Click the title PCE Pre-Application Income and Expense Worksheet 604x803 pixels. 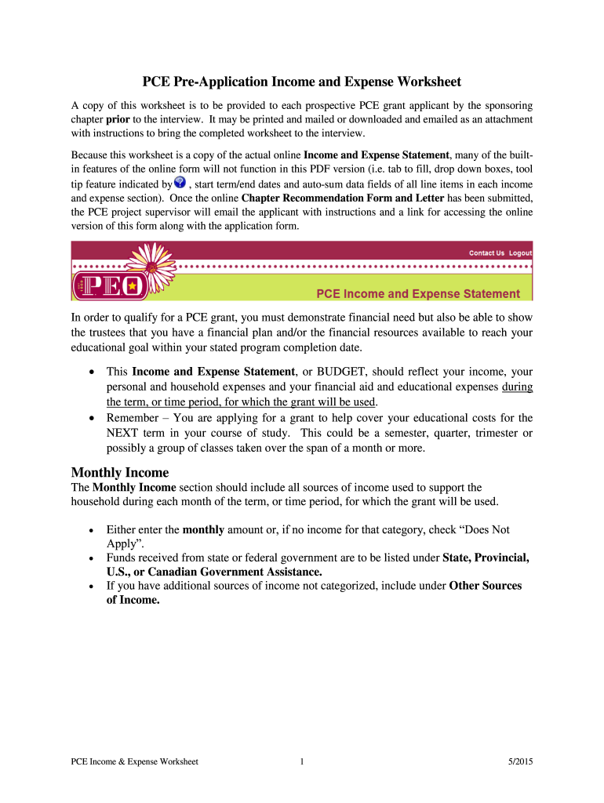(301, 82)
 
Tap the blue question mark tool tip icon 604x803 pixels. (180, 183)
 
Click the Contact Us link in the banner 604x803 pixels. (486, 253)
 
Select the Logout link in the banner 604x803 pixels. (520, 253)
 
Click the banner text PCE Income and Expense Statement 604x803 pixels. (417, 294)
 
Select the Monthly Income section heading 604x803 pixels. (119, 472)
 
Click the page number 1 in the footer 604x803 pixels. (301, 761)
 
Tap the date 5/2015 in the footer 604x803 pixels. (520, 761)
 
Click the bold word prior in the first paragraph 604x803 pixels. (118, 119)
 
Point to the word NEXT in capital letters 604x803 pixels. (122, 434)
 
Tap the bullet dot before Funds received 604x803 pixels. (93, 558)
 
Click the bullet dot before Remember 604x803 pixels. (93, 419)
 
